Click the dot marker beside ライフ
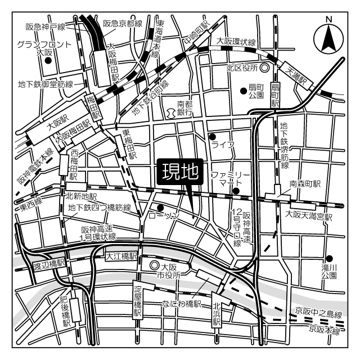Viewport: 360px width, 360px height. (212, 136)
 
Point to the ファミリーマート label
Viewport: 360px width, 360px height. (227, 179)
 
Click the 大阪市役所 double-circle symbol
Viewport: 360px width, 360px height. (154, 265)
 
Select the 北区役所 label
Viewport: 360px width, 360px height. (242, 67)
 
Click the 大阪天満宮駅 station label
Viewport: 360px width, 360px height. (308, 215)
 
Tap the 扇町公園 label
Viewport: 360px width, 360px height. (256, 91)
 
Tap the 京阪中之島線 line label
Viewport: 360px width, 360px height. (318, 311)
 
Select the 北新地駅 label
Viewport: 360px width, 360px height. (82, 196)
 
